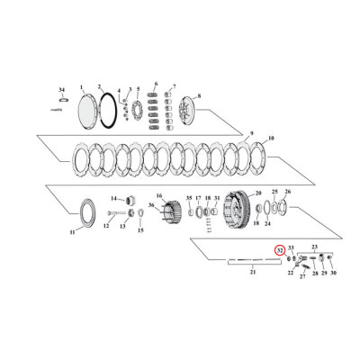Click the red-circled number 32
(280, 251)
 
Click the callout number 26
(287, 192)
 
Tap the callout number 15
(139, 229)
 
